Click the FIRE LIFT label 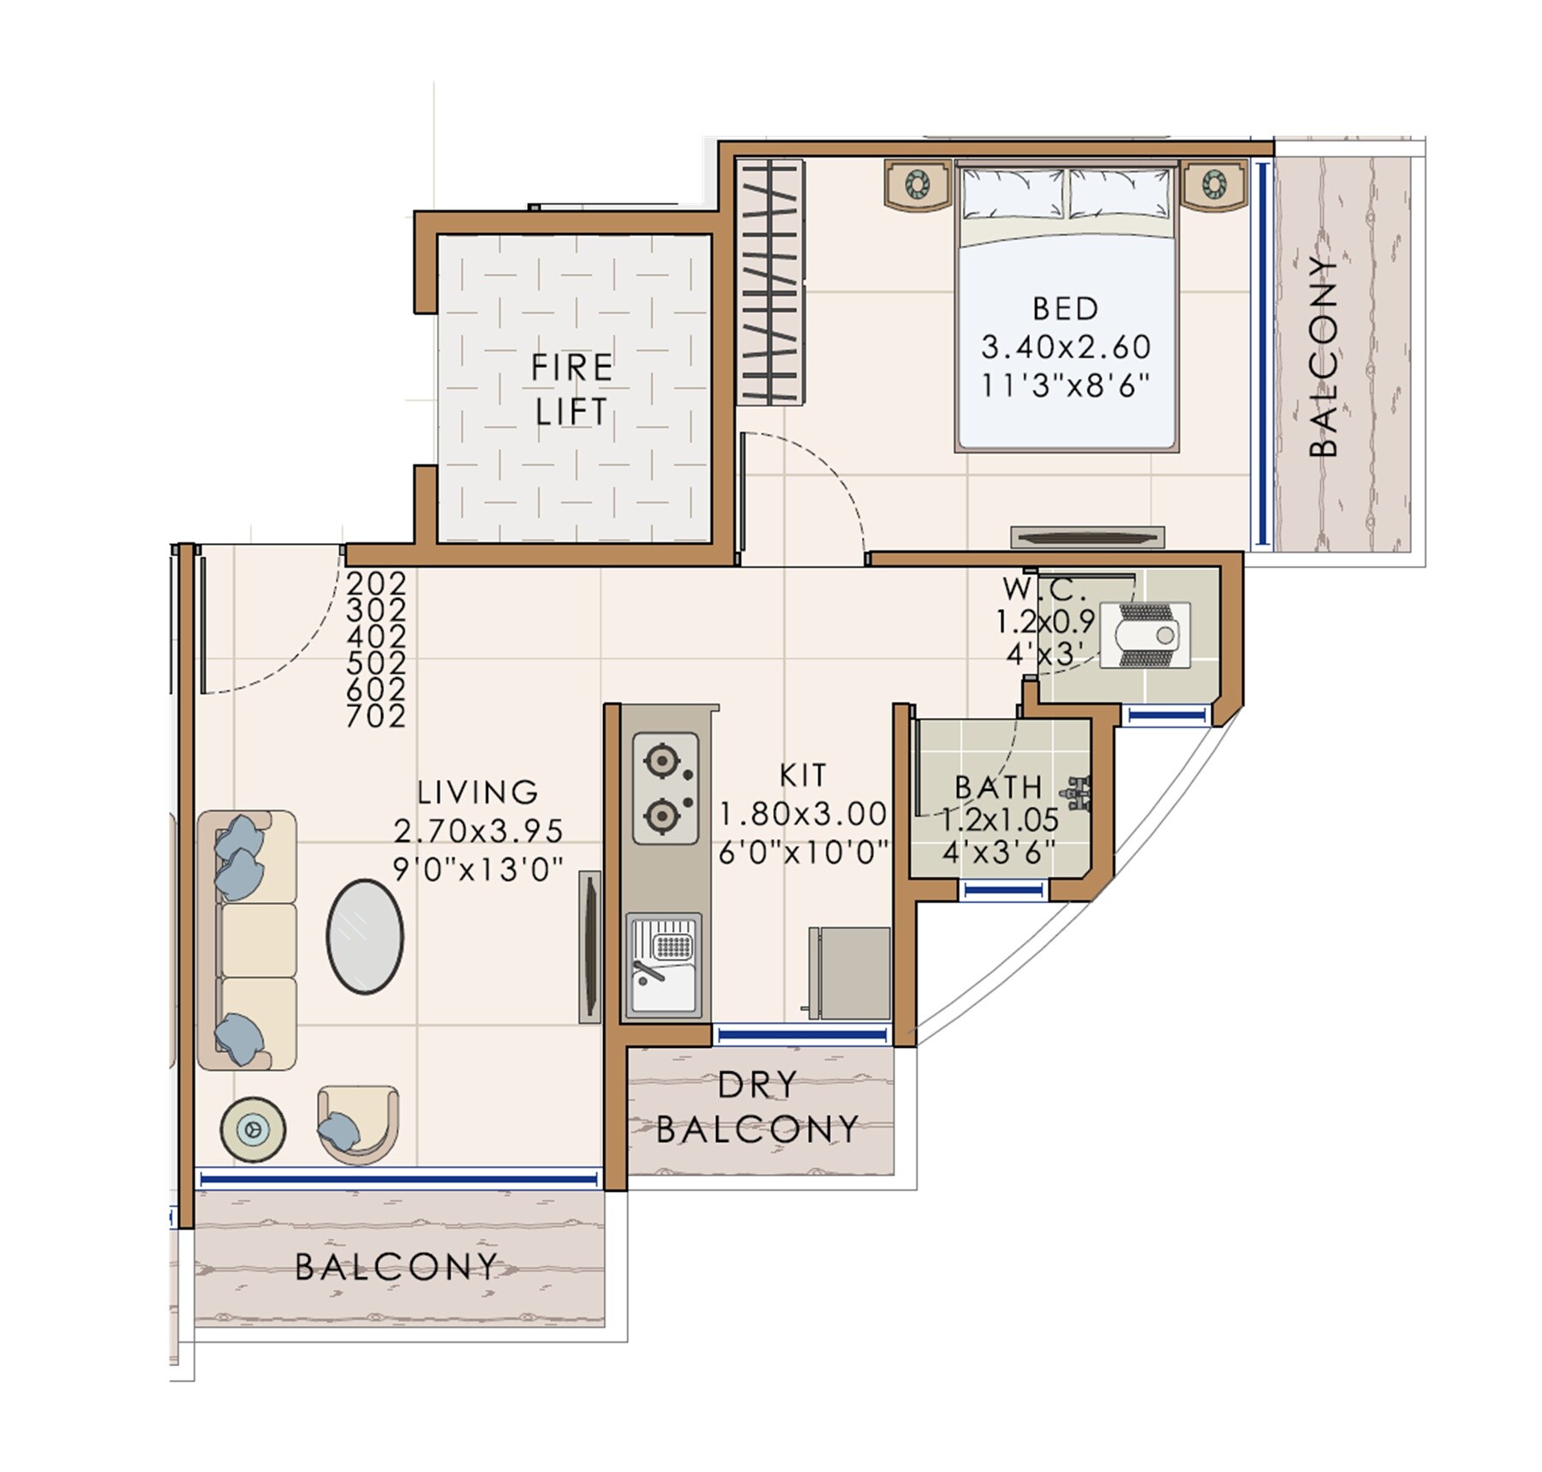click(x=571, y=390)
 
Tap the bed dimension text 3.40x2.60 click(x=1065, y=347)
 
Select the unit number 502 click(x=376, y=662)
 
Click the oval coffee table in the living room click(x=365, y=936)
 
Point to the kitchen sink click(x=664, y=966)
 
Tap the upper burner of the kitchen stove click(x=661, y=761)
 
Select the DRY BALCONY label click(x=757, y=1107)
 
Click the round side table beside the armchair click(x=253, y=1129)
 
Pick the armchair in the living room click(x=358, y=1124)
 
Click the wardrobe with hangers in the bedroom click(x=770, y=282)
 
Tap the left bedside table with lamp click(x=917, y=184)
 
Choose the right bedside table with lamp click(x=1214, y=184)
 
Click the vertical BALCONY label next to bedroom click(x=1324, y=356)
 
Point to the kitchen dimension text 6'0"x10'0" click(x=804, y=853)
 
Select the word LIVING click(x=478, y=793)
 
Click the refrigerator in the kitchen click(x=850, y=972)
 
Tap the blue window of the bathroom click(x=1003, y=891)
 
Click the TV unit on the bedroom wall click(x=1087, y=538)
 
